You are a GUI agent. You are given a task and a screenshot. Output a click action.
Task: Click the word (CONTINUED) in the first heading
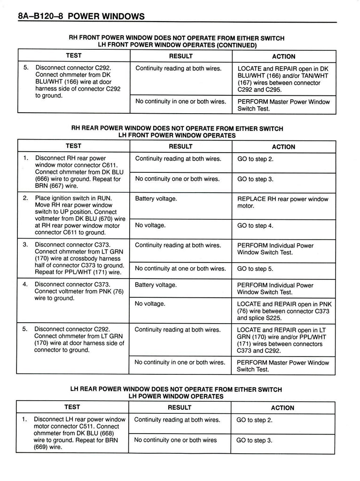[x=237, y=46]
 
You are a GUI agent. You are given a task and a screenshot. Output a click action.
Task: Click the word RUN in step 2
[x=104, y=198]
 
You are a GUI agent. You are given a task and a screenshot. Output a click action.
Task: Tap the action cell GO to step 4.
[x=256, y=225]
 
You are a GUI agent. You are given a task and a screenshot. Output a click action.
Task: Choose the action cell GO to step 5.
[x=256, y=269]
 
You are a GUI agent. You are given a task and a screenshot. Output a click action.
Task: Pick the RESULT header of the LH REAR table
[x=180, y=408]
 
